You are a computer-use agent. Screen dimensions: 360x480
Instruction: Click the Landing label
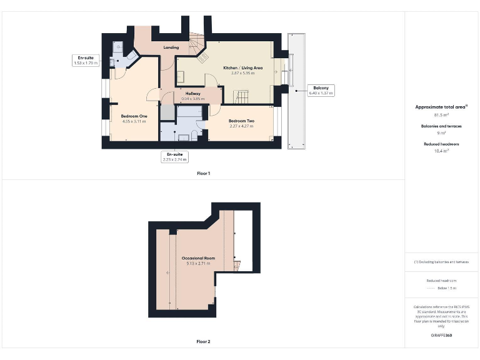[171, 47]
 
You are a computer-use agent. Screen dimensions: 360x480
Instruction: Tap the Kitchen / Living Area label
[243, 67]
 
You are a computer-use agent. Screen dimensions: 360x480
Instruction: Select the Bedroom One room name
[134, 116]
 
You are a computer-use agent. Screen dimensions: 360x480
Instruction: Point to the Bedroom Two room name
[241, 121]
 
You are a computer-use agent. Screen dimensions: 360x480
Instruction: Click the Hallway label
[192, 94]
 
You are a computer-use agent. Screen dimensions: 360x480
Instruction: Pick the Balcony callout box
[321, 91]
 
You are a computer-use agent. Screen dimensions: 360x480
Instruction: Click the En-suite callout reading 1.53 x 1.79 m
[86, 60]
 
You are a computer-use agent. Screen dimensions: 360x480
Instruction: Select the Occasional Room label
[198, 258]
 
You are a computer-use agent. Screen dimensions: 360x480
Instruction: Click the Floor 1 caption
[203, 173]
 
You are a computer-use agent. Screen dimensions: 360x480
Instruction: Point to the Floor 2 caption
[203, 342]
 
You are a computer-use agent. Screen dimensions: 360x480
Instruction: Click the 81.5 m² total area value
[441, 115]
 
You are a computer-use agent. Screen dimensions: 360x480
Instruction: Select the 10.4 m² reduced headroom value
[441, 151]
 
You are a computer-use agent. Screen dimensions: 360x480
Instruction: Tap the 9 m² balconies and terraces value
[441, 133]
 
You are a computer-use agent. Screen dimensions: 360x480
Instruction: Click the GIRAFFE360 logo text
[441, 336]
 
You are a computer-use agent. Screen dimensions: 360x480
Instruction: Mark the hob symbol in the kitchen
[204, 58]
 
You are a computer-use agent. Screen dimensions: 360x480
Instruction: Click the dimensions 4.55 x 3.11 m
[134, 122]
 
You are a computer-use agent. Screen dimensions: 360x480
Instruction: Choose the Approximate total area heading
[441, 107]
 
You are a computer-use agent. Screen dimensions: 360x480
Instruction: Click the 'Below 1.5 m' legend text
[446, 288]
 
